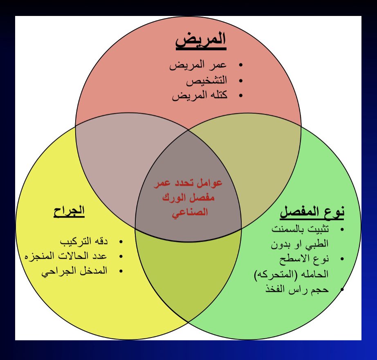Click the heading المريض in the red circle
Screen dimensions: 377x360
pos(201,41)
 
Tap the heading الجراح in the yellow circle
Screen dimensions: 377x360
pos(69,211)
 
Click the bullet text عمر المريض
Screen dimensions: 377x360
pos(198,66)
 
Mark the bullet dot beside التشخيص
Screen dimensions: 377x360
pos(240,81)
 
